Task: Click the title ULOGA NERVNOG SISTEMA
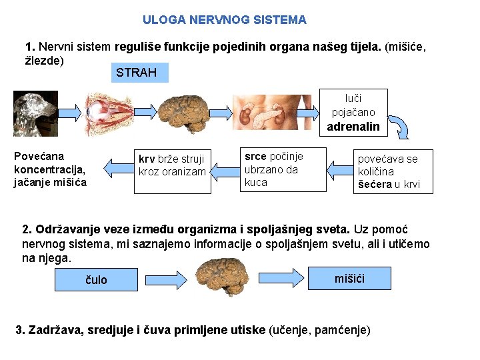[224, 20]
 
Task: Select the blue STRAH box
[136, 73]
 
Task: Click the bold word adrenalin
[353, 127]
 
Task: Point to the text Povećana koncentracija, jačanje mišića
[50, 169]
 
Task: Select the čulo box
[96, 280]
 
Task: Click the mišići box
[349, 277]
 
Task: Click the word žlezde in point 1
[44, 61]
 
